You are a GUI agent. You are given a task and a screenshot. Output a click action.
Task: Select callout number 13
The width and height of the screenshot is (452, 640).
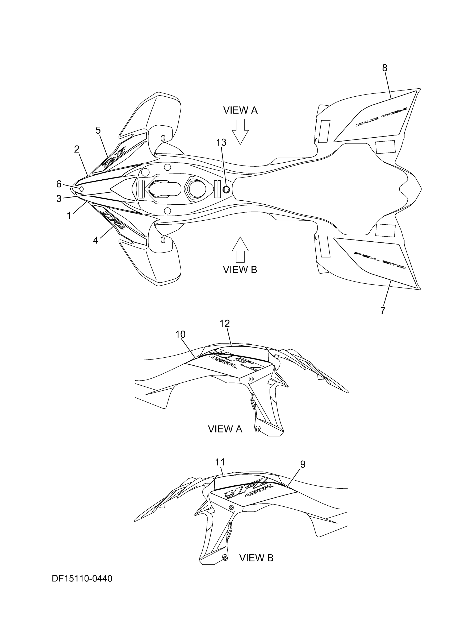(221, 142)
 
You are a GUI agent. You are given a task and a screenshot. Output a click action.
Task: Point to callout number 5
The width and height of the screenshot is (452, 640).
(98, 130)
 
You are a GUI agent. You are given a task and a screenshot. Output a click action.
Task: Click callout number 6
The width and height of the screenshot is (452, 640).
(59, 184)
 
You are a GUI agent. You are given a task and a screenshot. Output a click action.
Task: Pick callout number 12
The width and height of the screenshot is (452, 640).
(224, 323)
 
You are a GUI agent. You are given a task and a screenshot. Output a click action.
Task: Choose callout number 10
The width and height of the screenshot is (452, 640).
(181, 334)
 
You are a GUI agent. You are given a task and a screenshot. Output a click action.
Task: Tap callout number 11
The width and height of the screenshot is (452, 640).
(220, 462)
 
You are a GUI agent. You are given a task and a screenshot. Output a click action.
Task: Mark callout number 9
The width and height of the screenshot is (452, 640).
(303, 464)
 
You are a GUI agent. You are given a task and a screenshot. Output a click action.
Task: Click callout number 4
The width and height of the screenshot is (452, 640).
(95, 240)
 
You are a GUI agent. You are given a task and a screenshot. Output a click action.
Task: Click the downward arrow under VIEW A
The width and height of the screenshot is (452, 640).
(240, 131)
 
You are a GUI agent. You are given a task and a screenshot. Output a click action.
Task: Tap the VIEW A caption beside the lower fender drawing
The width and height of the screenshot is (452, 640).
(225, 429)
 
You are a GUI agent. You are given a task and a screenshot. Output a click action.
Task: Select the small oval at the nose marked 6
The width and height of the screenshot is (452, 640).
(82, 189)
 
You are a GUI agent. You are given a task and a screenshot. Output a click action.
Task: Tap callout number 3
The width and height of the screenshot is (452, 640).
(59, 199)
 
